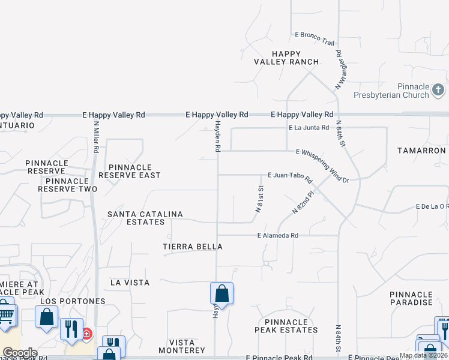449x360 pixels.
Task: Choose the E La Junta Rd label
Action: point(309,128)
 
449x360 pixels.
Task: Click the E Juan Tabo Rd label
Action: point(291,178)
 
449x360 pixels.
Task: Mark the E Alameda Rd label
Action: point(277,236)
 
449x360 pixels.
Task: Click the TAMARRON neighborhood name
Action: point(421,151)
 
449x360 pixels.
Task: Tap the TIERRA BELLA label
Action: point(193,247)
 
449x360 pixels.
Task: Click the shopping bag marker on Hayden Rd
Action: point(221,293)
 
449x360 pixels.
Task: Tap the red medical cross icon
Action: point(86,333)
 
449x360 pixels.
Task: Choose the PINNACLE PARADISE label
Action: point(411,298)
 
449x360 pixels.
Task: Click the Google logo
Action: point(20,353)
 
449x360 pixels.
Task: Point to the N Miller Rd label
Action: point(95,136)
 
